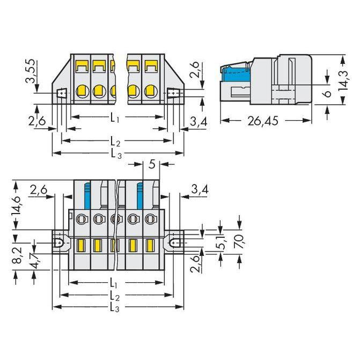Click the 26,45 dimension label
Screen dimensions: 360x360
[263, 121]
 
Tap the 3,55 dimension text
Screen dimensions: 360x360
[31, 71]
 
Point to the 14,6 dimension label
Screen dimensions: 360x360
[16, 205]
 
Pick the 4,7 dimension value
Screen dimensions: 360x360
[35, 261]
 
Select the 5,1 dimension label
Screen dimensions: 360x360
[221, 242]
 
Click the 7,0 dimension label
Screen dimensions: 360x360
[239, 241]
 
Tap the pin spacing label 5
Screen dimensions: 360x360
[152, 164]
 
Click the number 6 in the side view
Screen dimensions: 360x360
[328, 93]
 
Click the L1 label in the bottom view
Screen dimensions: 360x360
[113, 282]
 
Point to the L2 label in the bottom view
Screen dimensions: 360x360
[115, 296]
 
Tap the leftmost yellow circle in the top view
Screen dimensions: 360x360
[82, 91]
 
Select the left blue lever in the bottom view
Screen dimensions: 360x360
[87, 196]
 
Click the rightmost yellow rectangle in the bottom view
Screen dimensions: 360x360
[150, 245]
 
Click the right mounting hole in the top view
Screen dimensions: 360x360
[173, 93]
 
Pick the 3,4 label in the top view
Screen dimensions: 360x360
[199, 122]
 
